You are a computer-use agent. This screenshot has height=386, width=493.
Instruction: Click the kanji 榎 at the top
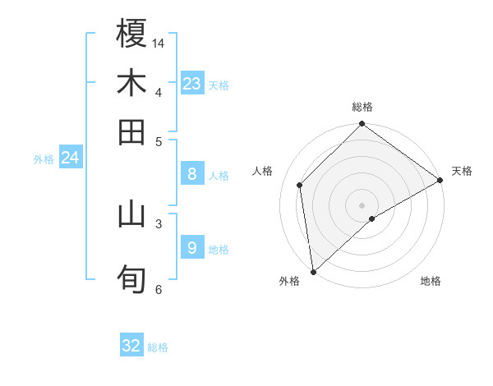click(x=131, y=34)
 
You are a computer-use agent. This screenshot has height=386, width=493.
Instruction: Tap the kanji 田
click(x=131, y=131)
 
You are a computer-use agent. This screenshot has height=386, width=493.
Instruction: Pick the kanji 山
click(x=131, y=214)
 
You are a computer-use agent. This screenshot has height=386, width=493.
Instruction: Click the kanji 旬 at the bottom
click(x=131, y=279)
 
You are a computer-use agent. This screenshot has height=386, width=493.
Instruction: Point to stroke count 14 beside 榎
click(x=159, y=42)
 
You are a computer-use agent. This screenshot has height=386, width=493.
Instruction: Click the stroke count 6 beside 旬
click(x=158, y=288)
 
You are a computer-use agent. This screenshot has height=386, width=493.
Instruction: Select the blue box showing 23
click(x=192, y=83)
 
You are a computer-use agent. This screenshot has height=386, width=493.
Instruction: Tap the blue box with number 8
click(x=192, y=173)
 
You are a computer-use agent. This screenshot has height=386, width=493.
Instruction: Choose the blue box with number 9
click(x=192, y=247)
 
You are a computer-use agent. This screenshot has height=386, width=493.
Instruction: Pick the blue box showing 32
click(x=131, y=346)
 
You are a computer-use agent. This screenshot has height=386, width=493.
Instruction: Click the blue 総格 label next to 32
click(x=158, y=347)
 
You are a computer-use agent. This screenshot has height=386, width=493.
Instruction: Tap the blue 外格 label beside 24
click(x=44, y=159)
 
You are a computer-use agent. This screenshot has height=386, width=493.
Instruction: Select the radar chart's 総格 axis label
click(x=362, y=107)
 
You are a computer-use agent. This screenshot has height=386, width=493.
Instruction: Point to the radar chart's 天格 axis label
click(x=462, y=171)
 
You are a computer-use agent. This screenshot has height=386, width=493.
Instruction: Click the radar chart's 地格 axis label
click(x=431, y=281)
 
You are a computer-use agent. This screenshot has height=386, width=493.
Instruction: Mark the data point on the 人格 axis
click(x=300, y=185)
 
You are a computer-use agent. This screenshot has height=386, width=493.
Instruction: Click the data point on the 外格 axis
click(x=313, y=272)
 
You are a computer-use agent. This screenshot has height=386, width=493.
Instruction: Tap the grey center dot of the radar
click(x=362, y=204)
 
